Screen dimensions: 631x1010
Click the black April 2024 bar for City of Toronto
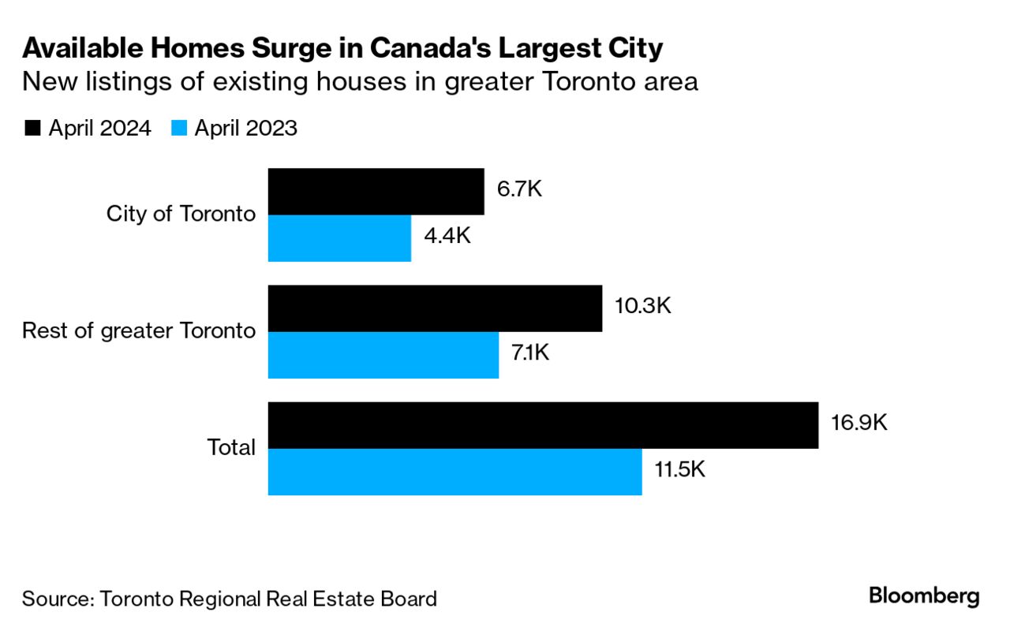[x=376, y=191]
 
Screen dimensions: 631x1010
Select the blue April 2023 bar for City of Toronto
[x=339, y=238]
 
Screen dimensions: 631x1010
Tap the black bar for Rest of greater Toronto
[x=435, y=308]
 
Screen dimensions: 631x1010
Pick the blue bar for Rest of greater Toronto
[x=383, y=355]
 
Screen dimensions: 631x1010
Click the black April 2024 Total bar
[x=543, y=425]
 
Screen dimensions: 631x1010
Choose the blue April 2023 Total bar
[x=454, y=472]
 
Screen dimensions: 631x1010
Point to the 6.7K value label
[x=519, y=190]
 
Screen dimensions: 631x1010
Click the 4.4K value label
[x=447, y=236]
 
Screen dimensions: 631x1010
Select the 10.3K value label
[x=642, y=306]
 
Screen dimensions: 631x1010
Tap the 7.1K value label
[x=530, y=353]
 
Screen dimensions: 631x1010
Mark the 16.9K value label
[x=858, y=423]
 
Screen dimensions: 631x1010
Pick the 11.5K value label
[x=679, y=470]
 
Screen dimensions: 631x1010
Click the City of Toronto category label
[x=181, y=214]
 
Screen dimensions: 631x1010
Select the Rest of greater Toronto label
[x=139, y=330]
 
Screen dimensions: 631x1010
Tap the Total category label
[x=231, y=447]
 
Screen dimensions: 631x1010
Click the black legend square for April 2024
[x=32, y=129]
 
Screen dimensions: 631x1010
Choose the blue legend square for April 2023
[x=178, y=129]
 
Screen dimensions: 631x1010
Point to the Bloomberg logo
[x=924, y=596]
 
